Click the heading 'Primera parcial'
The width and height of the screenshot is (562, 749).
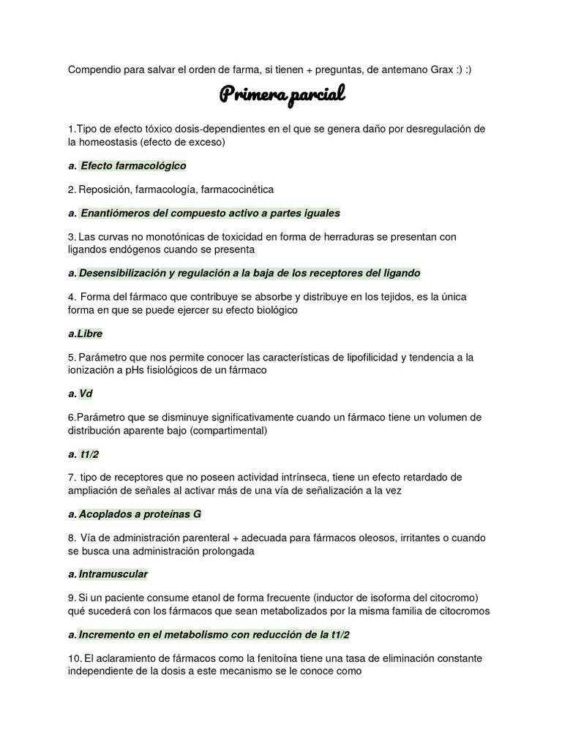tap(282, 95)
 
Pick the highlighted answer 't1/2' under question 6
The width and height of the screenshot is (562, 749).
tap(90, 453)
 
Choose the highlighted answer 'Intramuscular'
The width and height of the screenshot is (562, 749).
tap(113, 574)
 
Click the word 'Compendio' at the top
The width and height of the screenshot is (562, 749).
tap(94, 69)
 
